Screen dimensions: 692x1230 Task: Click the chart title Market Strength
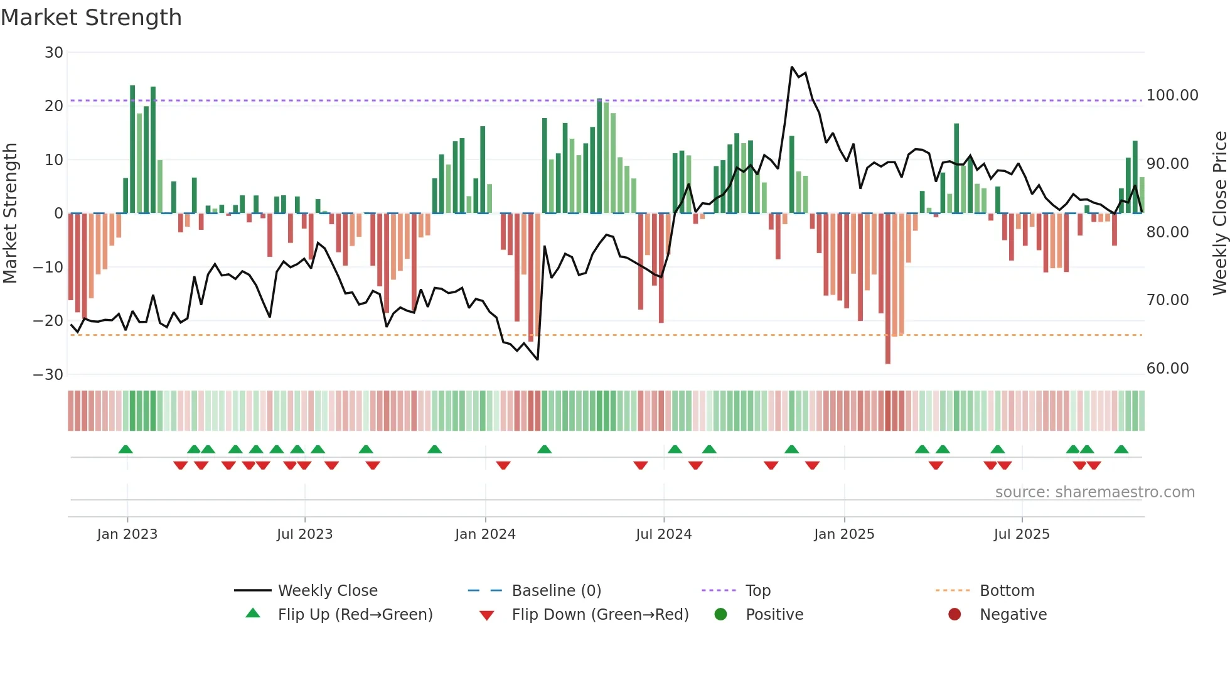[91, 18]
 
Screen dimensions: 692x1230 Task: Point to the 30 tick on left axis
[54, 53]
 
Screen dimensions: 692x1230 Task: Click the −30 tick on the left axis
[48, 375]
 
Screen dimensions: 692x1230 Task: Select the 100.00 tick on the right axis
[1172, 95]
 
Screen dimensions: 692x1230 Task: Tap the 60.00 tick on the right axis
[1167, 369]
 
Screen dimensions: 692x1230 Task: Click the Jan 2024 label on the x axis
[485, 534]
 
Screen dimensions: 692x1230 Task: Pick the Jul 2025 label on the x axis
[1021, 534]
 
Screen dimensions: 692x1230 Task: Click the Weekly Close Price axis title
[1219, 213]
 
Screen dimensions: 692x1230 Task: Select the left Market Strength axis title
[10, 213]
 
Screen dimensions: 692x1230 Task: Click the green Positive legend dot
[720, 615]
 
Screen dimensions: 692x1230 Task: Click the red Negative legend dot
[955, 615]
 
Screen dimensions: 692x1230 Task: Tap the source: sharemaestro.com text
[1094, 492]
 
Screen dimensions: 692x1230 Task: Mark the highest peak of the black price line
[792, 67]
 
